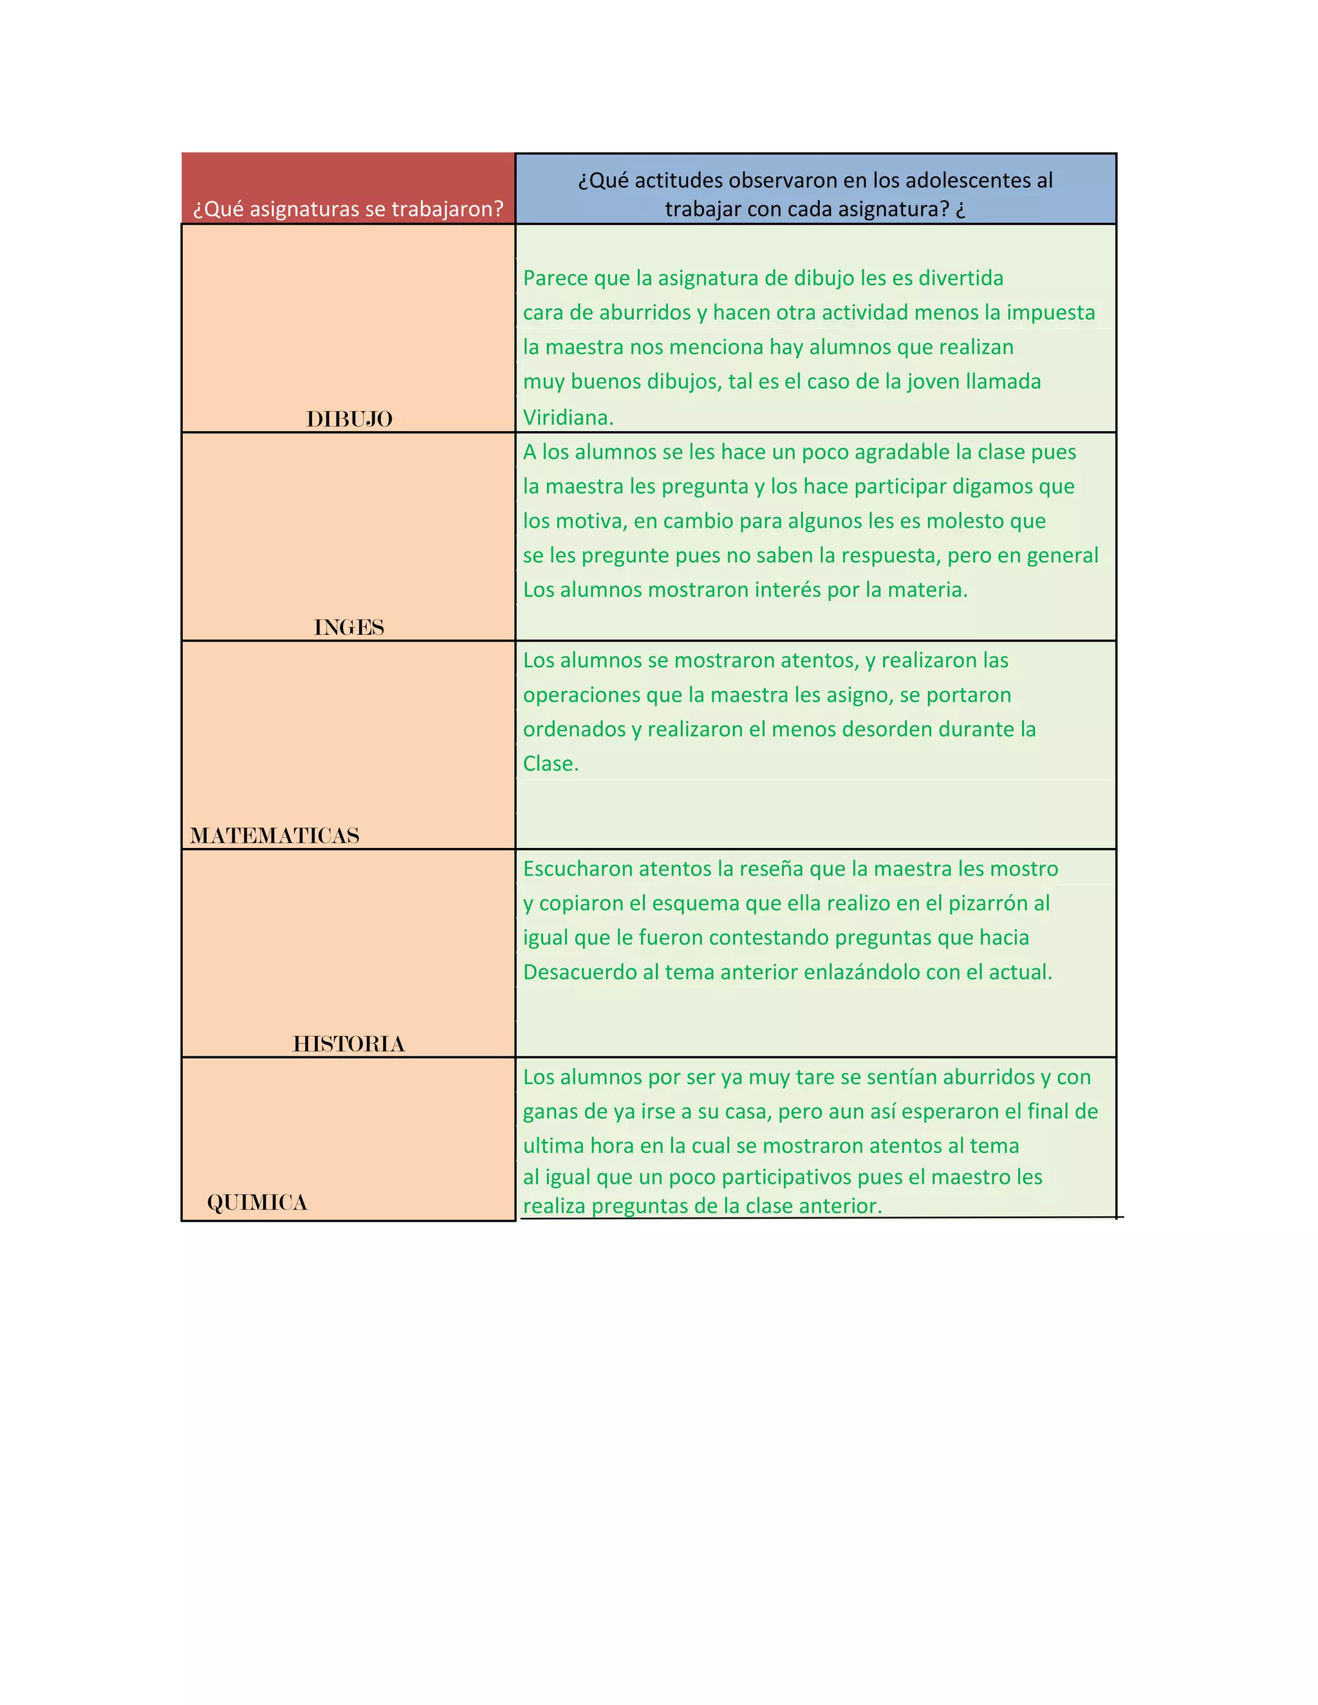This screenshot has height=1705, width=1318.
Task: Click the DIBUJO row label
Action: pos(349,419)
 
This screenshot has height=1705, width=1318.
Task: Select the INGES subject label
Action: pos(349,628)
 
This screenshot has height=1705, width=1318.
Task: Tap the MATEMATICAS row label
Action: pos(275,836)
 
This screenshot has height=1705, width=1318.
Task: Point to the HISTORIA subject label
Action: pos(349,1044)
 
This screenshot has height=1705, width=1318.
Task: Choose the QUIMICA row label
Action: pos(257,1203)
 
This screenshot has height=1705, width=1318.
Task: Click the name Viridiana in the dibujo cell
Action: pos(568,418)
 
